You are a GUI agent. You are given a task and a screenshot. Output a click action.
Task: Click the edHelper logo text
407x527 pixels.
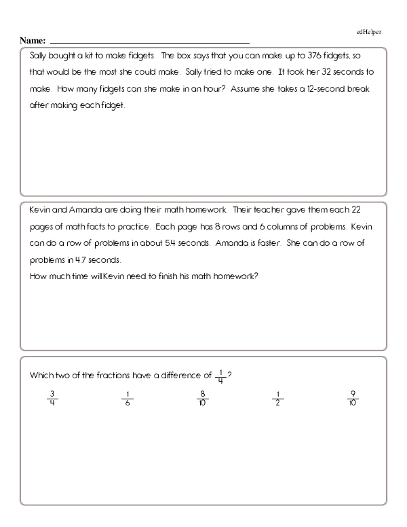point(369,32)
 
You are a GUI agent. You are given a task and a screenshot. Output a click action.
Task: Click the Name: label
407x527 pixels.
point(33,41)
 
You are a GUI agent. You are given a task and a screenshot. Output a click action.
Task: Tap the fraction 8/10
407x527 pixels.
point(202,397)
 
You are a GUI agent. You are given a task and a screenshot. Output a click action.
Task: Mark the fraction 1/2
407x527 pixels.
point(277,397)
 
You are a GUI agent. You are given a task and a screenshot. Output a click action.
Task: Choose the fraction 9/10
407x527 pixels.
point(353,397)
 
